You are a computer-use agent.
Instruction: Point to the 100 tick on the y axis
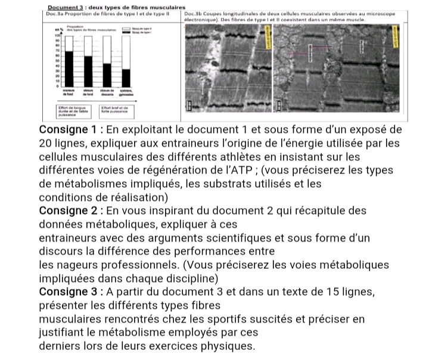(59, 37)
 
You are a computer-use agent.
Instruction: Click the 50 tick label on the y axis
(58, 61)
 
